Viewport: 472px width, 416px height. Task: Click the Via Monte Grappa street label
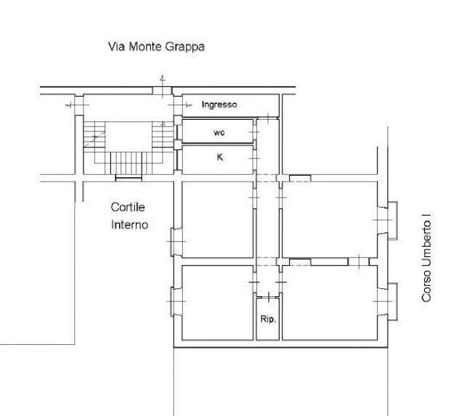pos(156,47)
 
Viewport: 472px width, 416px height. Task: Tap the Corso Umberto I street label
pos(426,258)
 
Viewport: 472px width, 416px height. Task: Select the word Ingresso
pos(219,105)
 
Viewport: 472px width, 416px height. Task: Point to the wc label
pos(219,132)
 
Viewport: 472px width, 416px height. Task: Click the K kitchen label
pos(220,157)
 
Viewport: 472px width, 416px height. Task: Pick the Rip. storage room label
pos(268,319)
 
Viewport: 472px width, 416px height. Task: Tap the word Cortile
pos(128,207)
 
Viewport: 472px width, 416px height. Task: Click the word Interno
pos(129,224)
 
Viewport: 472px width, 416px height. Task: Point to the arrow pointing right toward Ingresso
pos(179,105)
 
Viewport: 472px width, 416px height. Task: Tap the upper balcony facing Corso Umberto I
pos(392,221)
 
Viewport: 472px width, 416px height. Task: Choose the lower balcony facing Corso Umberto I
pos(392,301)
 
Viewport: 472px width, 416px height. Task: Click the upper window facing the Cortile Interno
pos(176,242)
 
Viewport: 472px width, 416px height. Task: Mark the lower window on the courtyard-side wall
pos(176,301)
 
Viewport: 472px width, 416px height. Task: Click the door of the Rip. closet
pos(268,297)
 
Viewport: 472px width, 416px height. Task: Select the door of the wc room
pos(254,132)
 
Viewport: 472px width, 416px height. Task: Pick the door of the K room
pos(254,158)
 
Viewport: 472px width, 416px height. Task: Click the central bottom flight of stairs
pos(126,163)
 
